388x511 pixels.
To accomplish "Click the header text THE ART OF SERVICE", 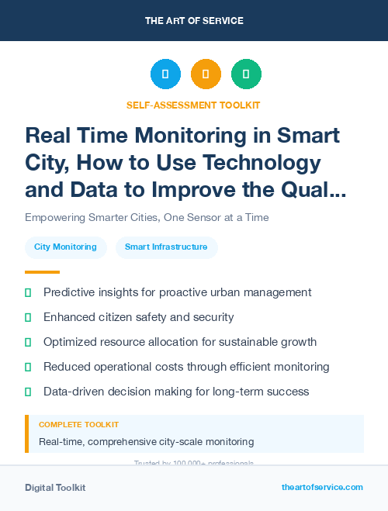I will [194, 20].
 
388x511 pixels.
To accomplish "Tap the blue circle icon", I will [165, 74].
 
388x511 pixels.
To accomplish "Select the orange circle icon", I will [206, 74].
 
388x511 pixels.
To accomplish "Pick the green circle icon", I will [246, 74].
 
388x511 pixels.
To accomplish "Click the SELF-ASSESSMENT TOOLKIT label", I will [193, 105].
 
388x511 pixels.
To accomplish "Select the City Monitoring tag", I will [65, 247].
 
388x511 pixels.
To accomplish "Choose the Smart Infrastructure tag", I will [166, 247].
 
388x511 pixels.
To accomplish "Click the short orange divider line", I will [42, 272].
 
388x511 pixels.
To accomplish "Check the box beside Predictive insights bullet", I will [28, 292].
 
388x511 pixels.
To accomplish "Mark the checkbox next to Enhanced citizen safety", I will [28, 317].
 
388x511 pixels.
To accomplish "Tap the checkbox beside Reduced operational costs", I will [28, 367].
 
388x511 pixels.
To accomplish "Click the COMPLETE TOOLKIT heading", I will [78, 425].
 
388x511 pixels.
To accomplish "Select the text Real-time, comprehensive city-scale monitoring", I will [146, 442].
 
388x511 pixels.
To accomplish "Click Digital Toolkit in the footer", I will [55, 488].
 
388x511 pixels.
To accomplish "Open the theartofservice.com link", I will [322, 487].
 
